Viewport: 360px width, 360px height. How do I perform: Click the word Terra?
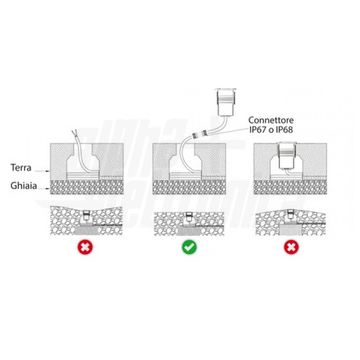(21, 168)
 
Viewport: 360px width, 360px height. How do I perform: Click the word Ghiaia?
(23, 186)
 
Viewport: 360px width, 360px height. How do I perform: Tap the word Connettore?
(271, 120)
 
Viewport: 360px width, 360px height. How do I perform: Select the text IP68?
(283, 130)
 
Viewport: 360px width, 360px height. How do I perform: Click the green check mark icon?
(189, 247)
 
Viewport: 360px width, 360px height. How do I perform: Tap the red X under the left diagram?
(85, 247)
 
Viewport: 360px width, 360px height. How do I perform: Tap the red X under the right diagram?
(291, 247)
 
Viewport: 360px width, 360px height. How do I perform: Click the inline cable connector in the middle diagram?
(200, 134)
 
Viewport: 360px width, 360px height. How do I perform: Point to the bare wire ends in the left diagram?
(74, 133)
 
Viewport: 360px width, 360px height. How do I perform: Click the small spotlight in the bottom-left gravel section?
(86, 215)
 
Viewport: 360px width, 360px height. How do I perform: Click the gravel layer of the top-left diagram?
(87, 187)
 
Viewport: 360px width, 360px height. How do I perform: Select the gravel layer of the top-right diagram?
(290, 187)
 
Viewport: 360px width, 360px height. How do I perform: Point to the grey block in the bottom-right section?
(290, 229)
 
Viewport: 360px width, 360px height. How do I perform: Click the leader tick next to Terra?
(42, 171)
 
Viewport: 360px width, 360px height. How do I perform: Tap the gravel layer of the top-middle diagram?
(189, 187)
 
